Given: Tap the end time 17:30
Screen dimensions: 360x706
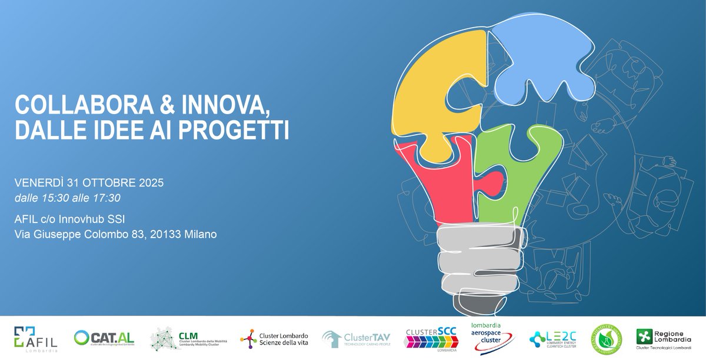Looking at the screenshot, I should pos(107,198).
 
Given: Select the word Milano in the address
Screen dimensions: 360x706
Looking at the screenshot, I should pos(200,234).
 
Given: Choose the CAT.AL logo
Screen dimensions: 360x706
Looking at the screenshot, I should pos(104,338).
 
